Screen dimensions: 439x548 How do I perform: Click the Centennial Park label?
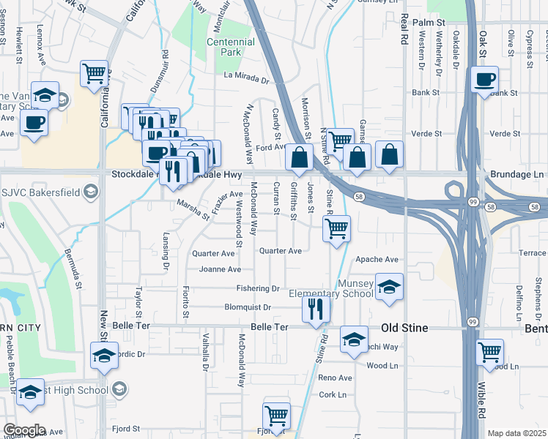[230, 48]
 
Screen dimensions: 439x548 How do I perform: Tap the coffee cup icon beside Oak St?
[485, 80]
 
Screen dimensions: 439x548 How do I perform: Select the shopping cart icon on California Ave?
[95, 73]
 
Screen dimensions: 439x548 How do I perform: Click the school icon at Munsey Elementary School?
[390, 286]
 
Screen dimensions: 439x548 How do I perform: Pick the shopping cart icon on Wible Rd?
[489, 351]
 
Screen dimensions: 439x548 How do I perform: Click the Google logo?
[23, 430]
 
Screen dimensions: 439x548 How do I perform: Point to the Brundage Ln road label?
[519, 176]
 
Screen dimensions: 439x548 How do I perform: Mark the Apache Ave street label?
[377, 260]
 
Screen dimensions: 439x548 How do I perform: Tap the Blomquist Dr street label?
[248, 307]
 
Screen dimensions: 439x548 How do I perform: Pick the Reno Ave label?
[335, 378]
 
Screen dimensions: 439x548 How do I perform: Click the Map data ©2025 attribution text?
[516, 433]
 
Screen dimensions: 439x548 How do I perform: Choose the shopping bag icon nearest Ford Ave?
[299, 157]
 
